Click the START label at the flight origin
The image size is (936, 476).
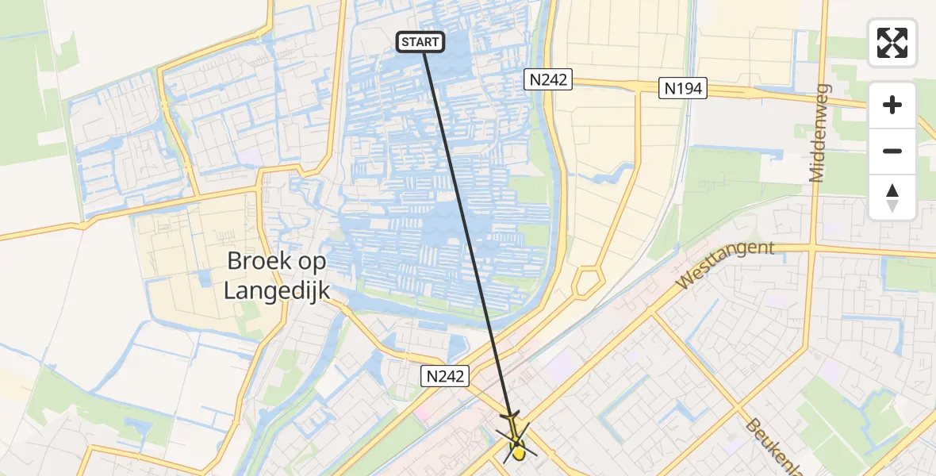pos(420,42)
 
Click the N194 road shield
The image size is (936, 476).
pos(682,88)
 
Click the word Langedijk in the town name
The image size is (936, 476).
pos(277,291)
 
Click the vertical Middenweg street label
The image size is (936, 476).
pos(819,132)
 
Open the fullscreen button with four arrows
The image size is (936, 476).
pos(892,43)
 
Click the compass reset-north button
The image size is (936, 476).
pos(892,197)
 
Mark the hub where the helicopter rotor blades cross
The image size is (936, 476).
pos(516,442)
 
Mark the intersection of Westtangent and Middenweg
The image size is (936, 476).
pos(812,247)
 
